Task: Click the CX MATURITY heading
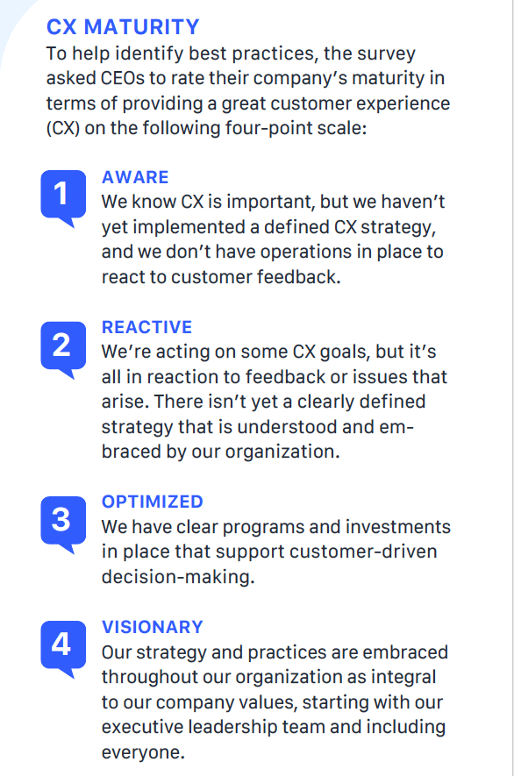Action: point(123,26)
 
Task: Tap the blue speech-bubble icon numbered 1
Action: point(63,196)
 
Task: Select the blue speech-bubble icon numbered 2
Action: point(63,348)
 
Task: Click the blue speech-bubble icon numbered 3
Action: point(63,523)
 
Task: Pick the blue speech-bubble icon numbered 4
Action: point(63,648)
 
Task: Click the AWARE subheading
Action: point(135,177)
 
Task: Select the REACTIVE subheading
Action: point(147,327)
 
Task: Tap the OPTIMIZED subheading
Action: point(153,502)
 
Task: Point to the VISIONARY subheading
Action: point(153,627)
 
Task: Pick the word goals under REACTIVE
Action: point(344,352)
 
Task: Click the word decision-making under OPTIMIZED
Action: point(178,577)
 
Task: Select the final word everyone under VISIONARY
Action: point(143,752)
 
